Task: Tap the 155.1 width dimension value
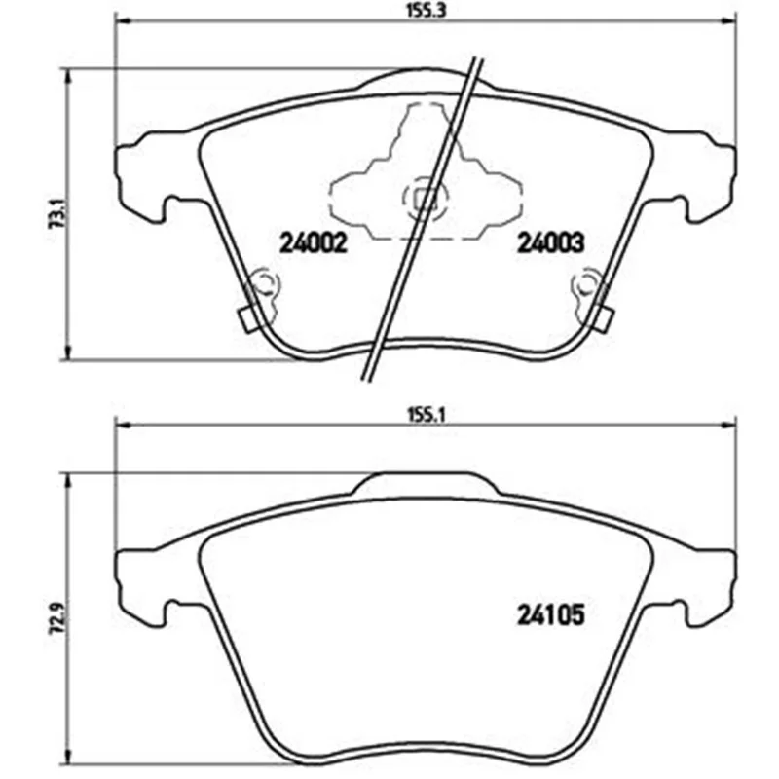point(426,416)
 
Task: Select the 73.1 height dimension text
point(58,212)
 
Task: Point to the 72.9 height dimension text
point(58,616)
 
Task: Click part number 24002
point(313,244)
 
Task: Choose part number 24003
point(551,244)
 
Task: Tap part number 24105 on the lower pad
point(551,615)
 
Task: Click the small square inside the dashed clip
point(426,201)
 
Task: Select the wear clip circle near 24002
point(263,284)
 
